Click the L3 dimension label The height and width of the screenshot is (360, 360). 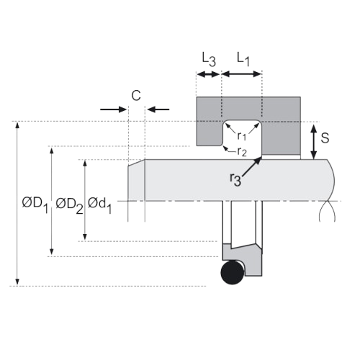209,60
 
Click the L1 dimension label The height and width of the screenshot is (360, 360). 243,59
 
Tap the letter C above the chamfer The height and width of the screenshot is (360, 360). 136,96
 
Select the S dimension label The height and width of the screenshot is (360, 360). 325,138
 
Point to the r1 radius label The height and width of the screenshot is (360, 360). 242,136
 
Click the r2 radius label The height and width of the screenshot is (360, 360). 242,152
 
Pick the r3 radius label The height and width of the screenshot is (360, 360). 235,179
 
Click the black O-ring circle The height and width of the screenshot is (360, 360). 233,273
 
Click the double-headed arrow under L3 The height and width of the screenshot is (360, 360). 209,74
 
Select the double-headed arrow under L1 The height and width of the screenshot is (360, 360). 242,74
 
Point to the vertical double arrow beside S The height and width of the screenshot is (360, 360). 314,142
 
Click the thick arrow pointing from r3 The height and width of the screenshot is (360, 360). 251,167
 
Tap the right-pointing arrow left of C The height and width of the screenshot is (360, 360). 114,109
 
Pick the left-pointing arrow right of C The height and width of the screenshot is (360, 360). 158,109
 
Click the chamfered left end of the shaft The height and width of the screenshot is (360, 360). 136,180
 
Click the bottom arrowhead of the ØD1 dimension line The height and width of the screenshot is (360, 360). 17,282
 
